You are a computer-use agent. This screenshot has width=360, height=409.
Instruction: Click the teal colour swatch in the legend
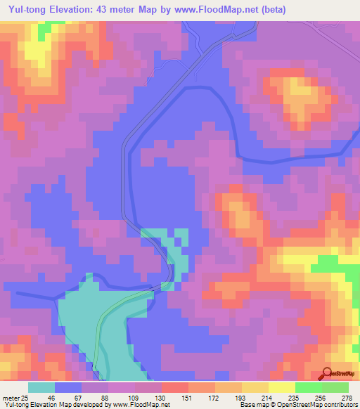tap(41, 388)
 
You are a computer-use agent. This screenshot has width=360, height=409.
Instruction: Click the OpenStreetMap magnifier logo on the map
tap(328, 373)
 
